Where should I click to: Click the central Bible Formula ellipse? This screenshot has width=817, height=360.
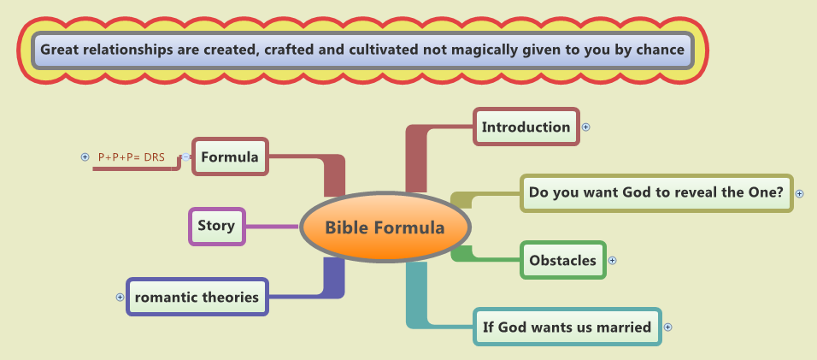pos(385,227)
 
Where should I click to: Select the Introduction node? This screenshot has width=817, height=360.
pos(526,127)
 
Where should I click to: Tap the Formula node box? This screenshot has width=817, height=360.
pos(230,156)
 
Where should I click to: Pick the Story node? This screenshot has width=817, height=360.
pos(216,227)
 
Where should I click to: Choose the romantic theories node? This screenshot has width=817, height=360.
pos(197,298)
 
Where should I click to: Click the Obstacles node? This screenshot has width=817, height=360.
pos(562,260)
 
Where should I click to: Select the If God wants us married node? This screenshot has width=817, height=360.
pos(567,327)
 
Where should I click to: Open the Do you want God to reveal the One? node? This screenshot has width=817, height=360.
pos(656,192)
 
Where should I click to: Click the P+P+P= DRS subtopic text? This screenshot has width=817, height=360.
pos(132,156)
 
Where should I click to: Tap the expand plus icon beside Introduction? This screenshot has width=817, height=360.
pos(586,127)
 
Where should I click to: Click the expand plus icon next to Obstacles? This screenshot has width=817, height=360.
pos(612,261)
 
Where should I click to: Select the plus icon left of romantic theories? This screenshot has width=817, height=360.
pos(120,298)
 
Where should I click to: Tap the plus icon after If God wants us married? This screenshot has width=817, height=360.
pos(668,327)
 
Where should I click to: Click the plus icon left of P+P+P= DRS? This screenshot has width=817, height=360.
pos(85,156)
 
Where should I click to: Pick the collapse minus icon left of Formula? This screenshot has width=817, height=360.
pos(185,156)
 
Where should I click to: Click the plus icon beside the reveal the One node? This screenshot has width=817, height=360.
pos(799,193)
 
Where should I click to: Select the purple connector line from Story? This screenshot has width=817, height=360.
pos(272,227)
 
